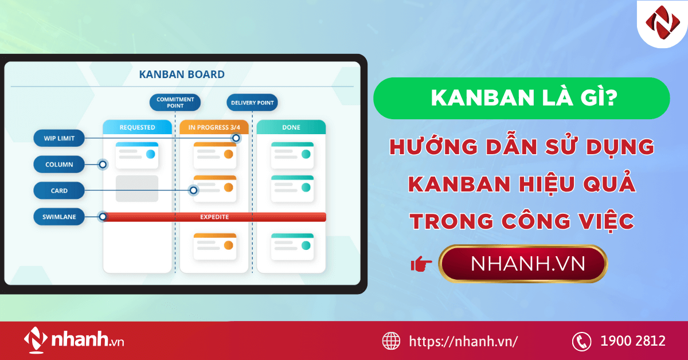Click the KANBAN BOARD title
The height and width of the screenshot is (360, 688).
point(182,75)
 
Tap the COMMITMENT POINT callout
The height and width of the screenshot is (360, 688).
point(175,103)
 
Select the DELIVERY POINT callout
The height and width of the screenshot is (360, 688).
point(252,103)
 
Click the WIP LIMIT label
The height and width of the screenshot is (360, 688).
point(58,138)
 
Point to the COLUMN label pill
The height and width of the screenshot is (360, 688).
point(59,165)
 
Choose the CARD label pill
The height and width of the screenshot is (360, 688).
point(59,191)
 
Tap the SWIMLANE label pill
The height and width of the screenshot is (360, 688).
point(59,217)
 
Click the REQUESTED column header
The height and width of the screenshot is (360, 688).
point(137,127)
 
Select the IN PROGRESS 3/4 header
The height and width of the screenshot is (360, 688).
point(214,127)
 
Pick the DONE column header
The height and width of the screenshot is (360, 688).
point(291,127)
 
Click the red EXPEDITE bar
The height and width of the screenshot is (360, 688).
point(214,217)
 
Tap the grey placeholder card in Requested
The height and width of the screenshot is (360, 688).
point(137,189)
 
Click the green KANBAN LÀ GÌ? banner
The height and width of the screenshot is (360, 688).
point(521,98)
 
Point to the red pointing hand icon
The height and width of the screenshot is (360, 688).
point(421,264)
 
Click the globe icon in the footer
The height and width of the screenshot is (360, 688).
point(392,341)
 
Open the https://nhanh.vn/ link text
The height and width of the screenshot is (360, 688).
point(463,341)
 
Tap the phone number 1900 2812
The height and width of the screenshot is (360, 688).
point(633,341)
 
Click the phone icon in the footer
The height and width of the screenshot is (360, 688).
point(581,341)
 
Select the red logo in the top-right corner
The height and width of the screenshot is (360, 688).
point(662,23)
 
